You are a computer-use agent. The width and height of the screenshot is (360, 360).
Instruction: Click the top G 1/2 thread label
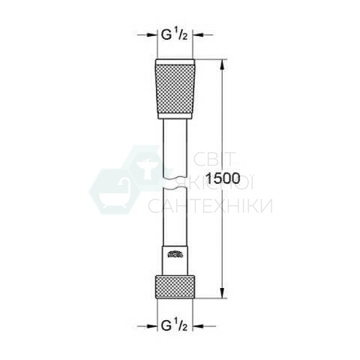tap(176, 35)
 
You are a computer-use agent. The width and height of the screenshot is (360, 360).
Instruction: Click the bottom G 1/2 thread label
tap(176, 326)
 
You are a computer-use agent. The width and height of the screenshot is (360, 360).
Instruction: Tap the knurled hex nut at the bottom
tap(175, 287)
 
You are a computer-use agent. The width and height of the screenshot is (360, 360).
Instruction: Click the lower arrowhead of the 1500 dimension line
tap(222, 294)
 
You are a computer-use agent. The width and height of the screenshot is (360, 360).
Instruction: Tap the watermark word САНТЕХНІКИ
tap(210, 206)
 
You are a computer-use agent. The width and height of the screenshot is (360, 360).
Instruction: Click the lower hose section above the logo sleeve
tap(175, 216)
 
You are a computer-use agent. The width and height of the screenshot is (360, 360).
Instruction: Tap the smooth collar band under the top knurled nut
tap(175, 115)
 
